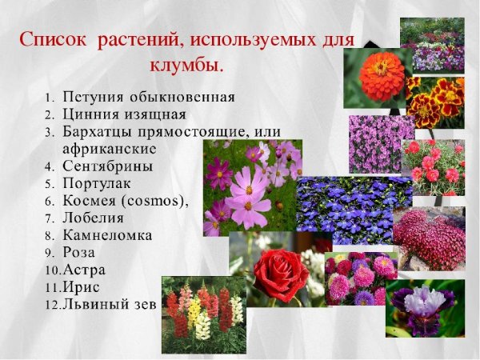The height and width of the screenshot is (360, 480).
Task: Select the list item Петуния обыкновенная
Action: (148, 98)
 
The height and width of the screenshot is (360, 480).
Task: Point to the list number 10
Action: (52, 270)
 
